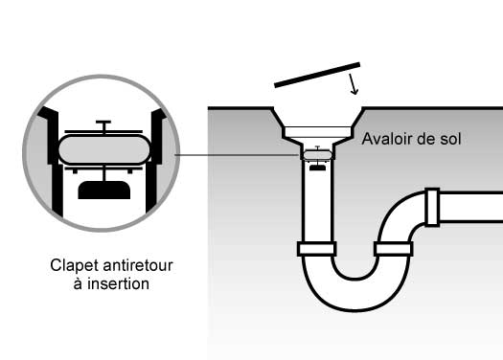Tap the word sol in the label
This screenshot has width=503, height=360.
(x=451, y=139)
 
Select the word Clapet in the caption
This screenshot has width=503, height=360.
(x=75, y=266)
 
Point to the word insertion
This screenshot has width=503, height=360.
(x=118, y=284)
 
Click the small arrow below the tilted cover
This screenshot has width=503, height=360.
(x=353, y=84)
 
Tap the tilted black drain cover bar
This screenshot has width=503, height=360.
(x=317, y=75)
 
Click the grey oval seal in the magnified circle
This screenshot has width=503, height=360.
(x=104, y=149)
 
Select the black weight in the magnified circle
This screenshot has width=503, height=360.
(x=104, y=190)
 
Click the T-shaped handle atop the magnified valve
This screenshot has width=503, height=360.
(x=103, y=125)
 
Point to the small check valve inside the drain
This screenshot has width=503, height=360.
(x=317, y=158)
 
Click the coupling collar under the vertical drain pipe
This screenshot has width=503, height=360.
(x=317, y=249)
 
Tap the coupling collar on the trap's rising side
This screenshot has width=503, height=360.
(x=393, y=249)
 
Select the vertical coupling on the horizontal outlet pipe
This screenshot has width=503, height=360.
(x=432, y=207)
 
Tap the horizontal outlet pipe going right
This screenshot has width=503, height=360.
(x=471, y=207)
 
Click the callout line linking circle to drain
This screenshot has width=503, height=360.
(x=237, y=155)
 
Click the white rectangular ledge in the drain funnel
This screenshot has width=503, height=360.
(x=317, y=132)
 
